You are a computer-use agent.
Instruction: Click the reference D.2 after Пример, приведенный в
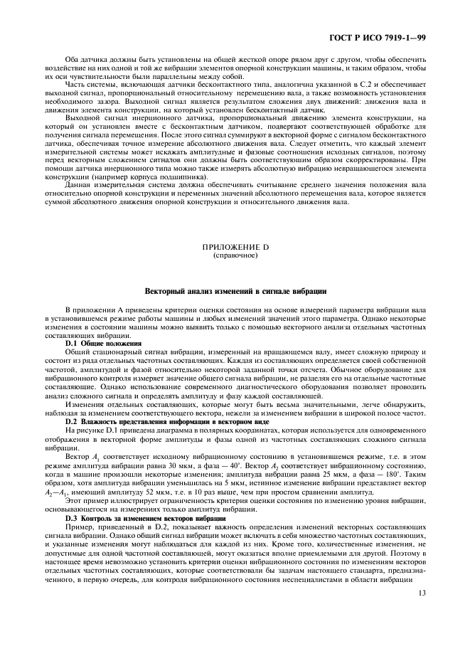pyautogui.click(x=146, y=527)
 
